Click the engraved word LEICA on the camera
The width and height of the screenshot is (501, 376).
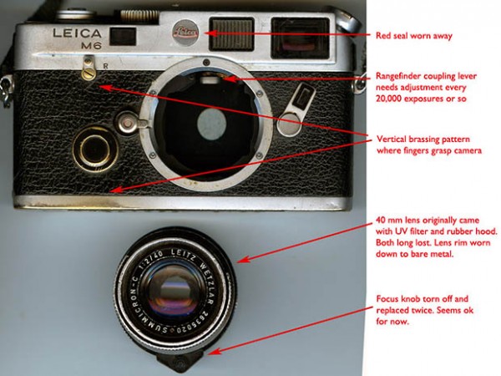point(77,33)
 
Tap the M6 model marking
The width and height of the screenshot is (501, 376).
point(91,46)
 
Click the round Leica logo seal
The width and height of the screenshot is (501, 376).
point(185,33)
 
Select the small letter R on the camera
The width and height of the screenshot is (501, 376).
point(106,66)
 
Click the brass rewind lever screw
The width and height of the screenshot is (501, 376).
point(88,74)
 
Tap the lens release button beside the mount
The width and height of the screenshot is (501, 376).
point(127,123)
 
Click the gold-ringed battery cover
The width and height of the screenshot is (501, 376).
point(95,149)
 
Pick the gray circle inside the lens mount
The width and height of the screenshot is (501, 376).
point(211,124)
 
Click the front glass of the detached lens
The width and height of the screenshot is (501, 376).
point(173,292)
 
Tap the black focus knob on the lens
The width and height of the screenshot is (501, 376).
point(180,361)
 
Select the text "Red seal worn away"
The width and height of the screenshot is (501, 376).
point(414,35)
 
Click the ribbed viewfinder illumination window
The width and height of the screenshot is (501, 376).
point(231,34)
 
